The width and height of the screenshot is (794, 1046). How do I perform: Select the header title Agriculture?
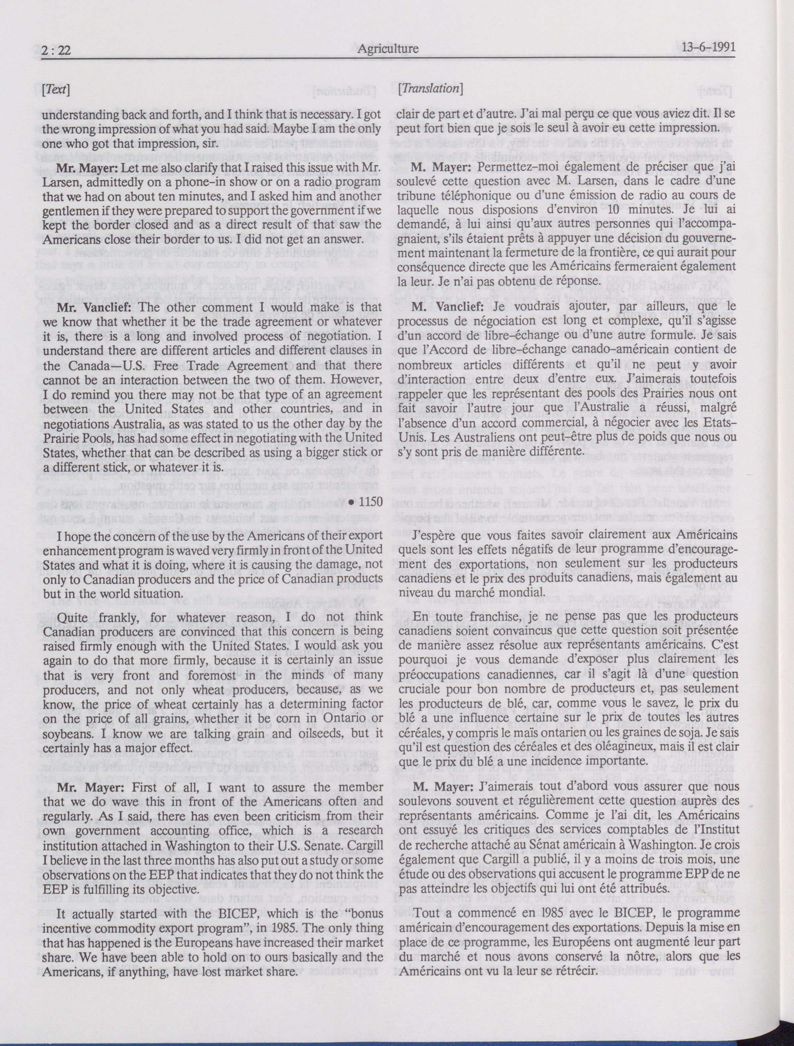click(x=388, y=48)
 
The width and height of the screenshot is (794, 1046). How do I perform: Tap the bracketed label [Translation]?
click(x=429, y=88)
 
